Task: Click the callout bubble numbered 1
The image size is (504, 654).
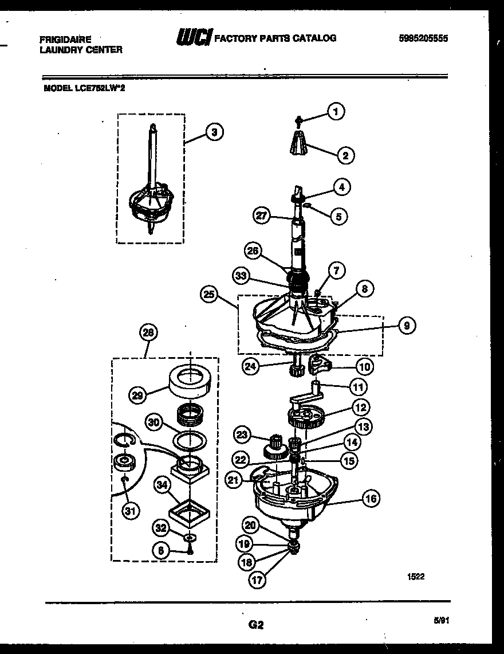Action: [336, 111]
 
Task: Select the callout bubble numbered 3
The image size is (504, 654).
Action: [214, 132]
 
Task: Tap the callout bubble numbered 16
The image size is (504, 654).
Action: [371, 499]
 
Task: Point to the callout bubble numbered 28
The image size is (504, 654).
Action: [149, 333]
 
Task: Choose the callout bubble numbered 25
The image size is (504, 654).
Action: [210, 295]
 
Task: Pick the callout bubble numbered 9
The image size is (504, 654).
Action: [405, 326]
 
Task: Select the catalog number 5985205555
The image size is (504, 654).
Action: [423, 38]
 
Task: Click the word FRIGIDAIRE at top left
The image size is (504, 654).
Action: [65, 40]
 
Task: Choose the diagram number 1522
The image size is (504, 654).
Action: [416, 577]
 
